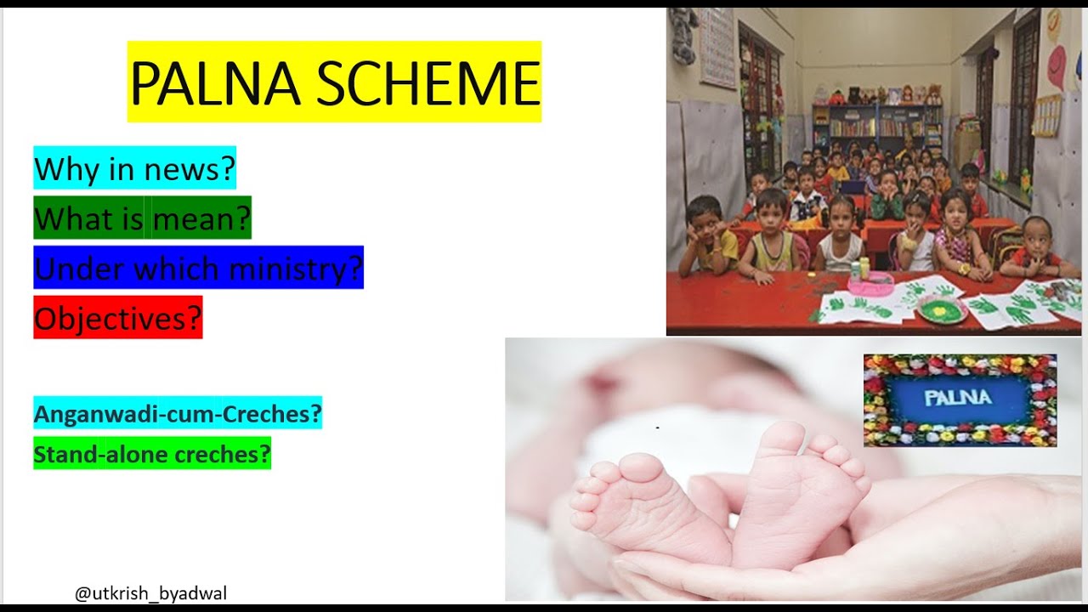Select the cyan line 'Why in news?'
[134, 169]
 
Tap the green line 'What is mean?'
[142, 219]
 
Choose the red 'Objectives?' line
[117, 318]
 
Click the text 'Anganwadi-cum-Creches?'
[178, 414]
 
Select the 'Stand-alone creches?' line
[152, 455]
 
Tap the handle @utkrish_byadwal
[150, 593]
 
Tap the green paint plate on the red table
[942, 309]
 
